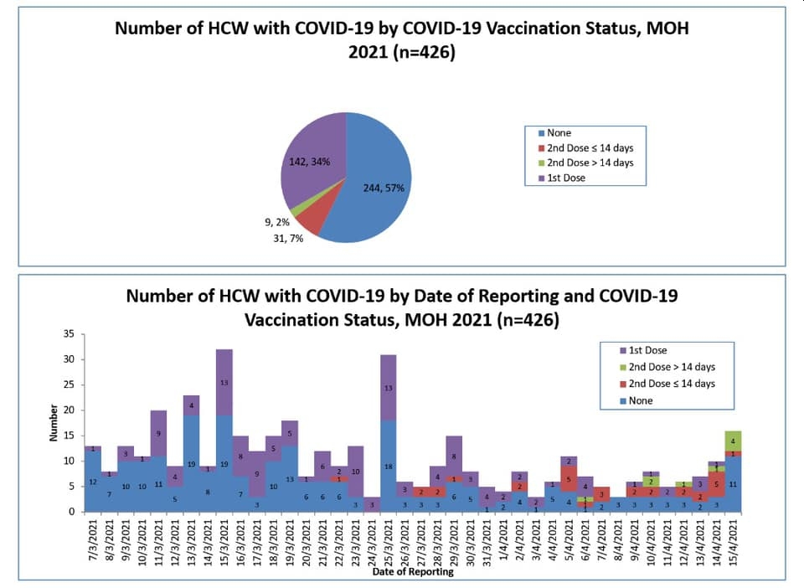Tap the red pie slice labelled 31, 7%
pos(309,220)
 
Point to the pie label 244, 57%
pos(384,188)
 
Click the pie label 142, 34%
pos(308,162)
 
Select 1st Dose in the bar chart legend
pos(646,351)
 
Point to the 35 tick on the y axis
pos(69,334)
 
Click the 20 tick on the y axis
pos(69,410)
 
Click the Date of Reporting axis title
pos(413,572)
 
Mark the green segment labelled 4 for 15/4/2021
pos(734,441)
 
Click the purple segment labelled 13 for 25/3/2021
pos(388,388)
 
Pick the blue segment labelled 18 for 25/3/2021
pos(388,466)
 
